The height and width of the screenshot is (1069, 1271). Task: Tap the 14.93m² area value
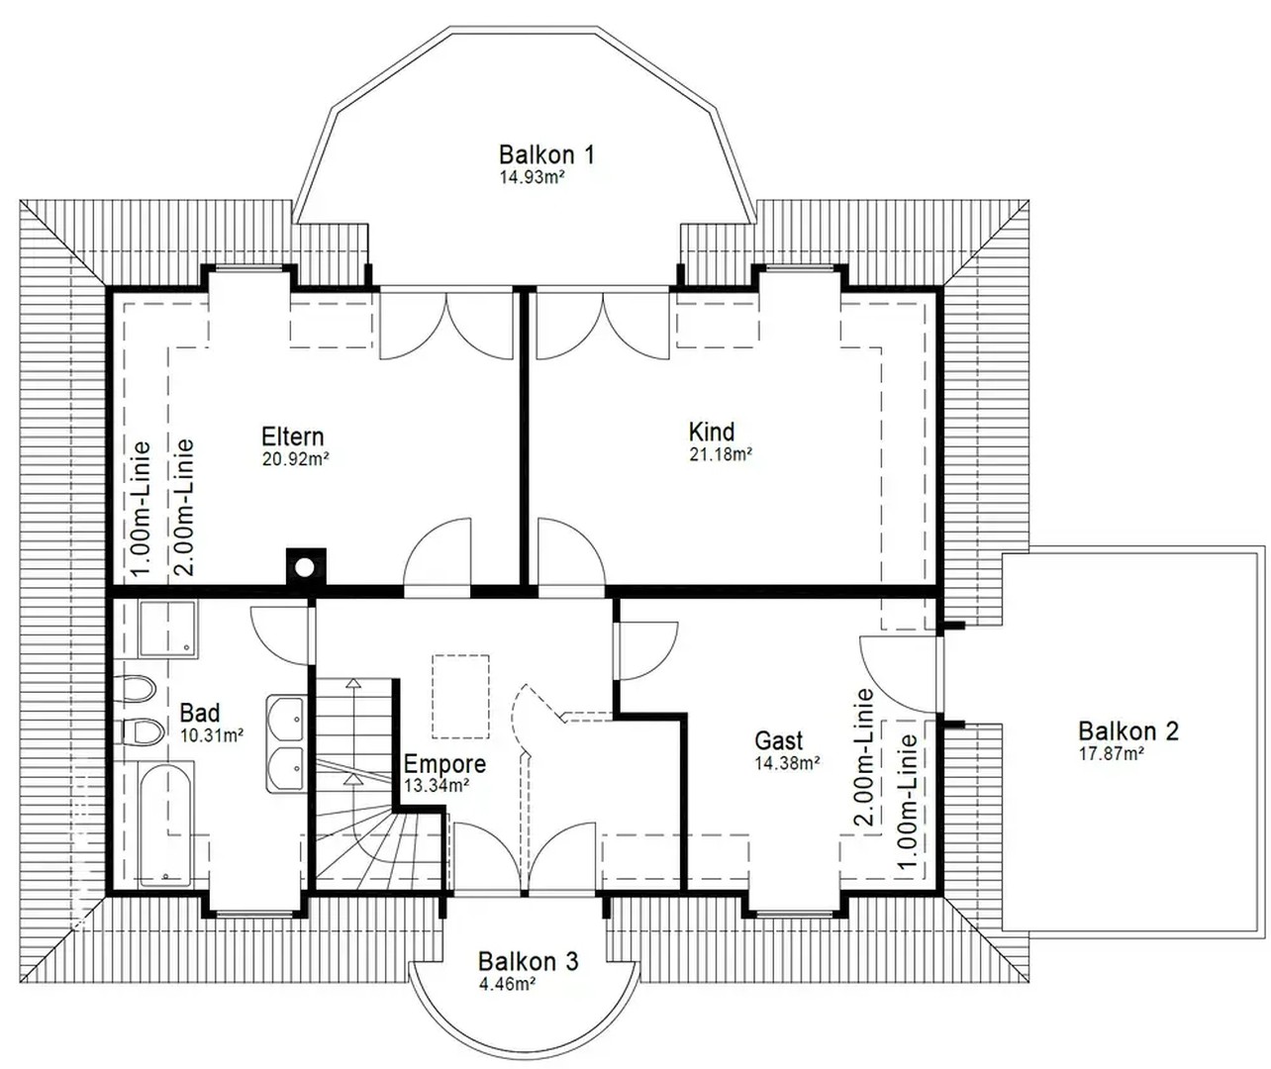(x=532, y=178)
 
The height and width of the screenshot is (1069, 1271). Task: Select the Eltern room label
(x=292, y=437)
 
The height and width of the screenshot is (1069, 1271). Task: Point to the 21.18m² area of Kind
(x=721, y=455)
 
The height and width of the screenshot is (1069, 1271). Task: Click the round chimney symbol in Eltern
(x=306, y=567)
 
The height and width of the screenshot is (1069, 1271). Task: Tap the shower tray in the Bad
(x=166, y=630)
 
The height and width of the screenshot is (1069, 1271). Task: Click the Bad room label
(x=200, y=713)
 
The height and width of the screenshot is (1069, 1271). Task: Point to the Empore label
(x=444, y=764)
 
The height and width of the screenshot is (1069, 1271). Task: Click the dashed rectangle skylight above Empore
(x=460, y=696)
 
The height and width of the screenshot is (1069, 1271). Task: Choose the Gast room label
(x=779, y=740)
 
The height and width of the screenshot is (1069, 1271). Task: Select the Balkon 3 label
(x=528, y=961)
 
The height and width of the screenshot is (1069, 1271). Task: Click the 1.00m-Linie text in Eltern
(x=141, y=508)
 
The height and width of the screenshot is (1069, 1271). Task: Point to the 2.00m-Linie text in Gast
(x=863, y=757)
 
